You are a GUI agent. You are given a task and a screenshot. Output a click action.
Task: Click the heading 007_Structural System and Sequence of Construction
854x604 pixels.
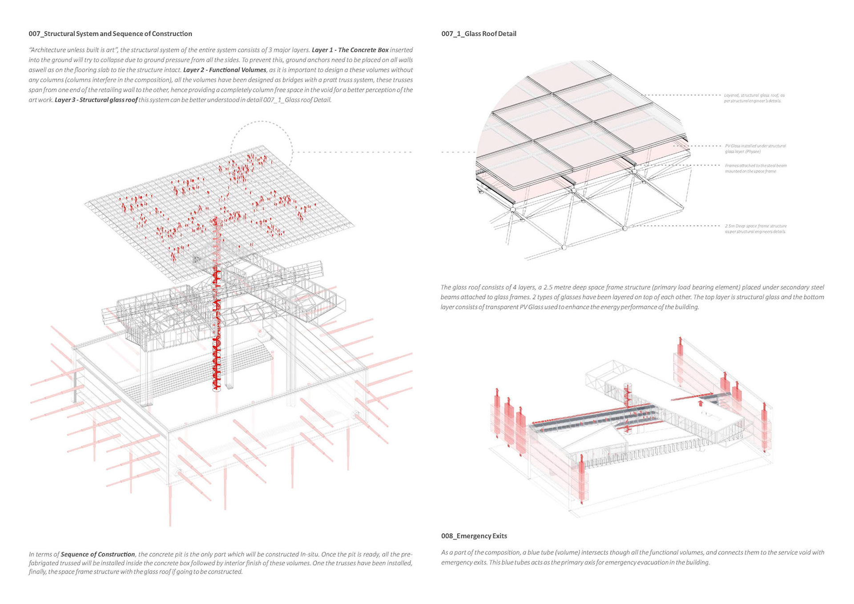(x=110, y=34)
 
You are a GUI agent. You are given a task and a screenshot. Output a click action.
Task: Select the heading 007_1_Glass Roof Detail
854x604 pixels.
(x=479, y=34)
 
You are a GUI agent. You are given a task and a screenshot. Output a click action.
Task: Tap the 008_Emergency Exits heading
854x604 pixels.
(x=474, y=536)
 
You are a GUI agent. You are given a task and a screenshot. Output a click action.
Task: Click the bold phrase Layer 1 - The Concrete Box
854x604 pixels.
(x=350, y=50)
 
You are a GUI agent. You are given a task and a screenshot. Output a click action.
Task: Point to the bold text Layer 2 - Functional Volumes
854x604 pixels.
(x=225, y=70)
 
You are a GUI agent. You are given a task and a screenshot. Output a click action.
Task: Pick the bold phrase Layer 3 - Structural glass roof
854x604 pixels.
(x=96, y=100)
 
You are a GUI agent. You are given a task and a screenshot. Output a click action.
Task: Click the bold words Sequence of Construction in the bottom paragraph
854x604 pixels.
(x=98, y=554)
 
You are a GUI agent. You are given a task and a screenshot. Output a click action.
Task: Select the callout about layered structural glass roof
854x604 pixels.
(x=754, y=98)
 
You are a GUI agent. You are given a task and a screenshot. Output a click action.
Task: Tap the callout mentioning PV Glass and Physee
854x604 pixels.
(x=755, y=149)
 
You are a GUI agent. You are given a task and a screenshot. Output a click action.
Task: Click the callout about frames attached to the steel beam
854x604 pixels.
(x=756, y=168)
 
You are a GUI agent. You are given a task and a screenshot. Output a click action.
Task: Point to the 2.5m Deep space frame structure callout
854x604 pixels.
(x=756, y=229)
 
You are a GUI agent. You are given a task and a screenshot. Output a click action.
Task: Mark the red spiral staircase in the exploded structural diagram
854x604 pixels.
(x=217, y=307)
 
